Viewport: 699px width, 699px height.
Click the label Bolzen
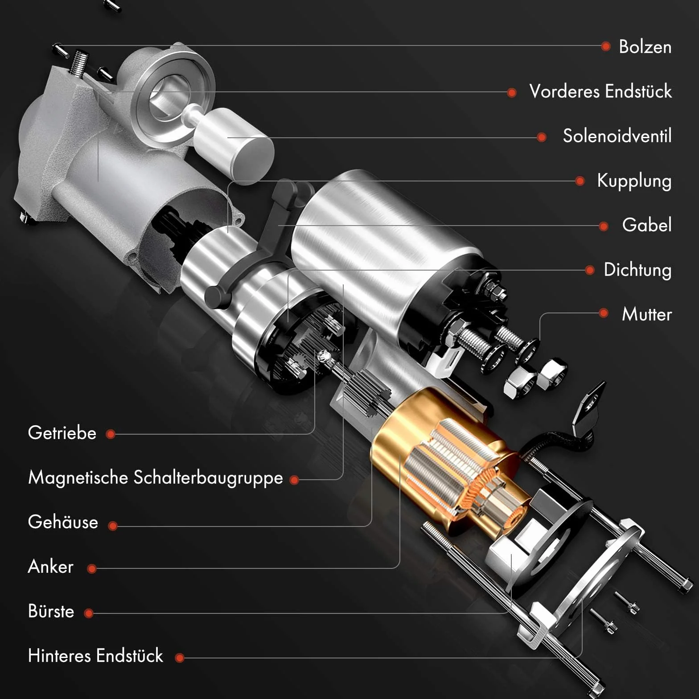(645, 47)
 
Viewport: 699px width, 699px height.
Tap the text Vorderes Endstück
(600, 91)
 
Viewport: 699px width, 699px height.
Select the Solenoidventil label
(617, 136)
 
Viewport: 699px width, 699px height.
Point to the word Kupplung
(634, 181)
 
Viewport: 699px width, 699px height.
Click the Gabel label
(646, 225)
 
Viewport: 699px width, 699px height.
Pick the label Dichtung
(637, 270)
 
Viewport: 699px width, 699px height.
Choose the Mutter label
(647, 314)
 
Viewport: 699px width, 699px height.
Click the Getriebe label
(62, 433)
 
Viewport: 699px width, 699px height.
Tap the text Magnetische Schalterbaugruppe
(156, 478)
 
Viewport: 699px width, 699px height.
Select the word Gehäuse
(63, 522)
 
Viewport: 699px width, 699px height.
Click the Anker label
(50, 567)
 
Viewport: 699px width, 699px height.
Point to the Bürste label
(51, 611)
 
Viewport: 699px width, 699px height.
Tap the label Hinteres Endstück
(95, 656)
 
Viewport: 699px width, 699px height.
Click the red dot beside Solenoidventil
(542, 137)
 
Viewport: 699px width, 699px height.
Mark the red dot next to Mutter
(604, 313)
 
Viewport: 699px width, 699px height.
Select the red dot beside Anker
(92, 568)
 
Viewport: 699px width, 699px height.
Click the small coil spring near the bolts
(78, 62)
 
